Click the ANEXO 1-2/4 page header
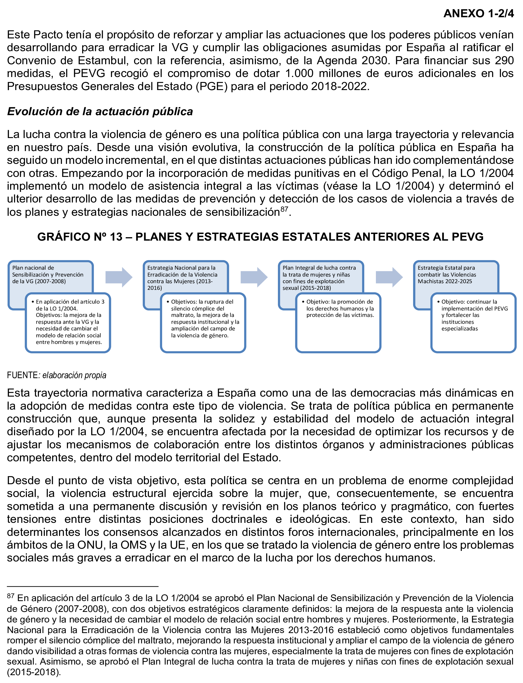478,13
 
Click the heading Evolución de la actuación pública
100,111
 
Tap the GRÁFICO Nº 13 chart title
260,237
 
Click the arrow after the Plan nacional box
119,277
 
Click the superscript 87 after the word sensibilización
284,209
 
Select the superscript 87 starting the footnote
11,595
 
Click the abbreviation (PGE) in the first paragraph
212,86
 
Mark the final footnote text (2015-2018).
34,672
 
